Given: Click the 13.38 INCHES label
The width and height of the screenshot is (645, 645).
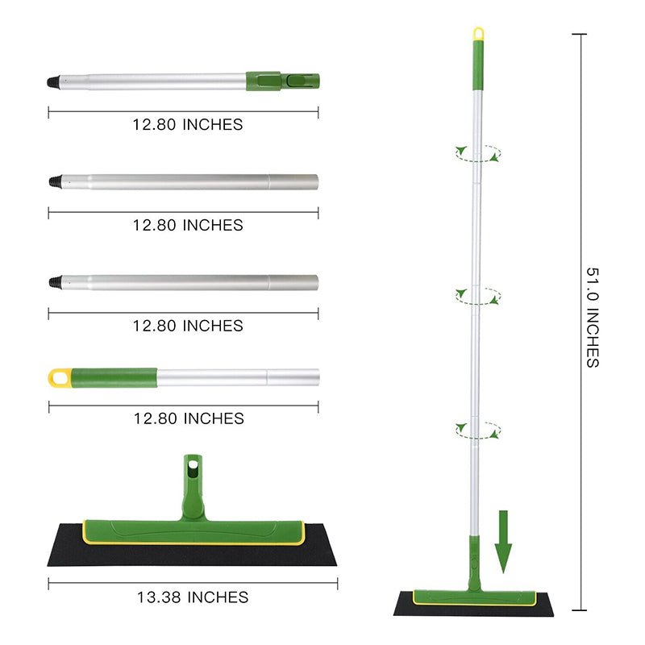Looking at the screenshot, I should pos(193,597).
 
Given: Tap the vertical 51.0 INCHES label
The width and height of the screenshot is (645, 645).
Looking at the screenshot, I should pos(593,318).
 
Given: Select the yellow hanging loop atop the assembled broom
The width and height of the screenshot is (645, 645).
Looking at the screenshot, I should pos(478,34).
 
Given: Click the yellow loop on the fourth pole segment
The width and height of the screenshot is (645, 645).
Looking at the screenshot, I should pos(59,377).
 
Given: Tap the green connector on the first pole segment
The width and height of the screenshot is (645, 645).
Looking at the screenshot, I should pos(282,81).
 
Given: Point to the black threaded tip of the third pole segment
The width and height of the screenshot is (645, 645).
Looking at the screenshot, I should pos(55,282).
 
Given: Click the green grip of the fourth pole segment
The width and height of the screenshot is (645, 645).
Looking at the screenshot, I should pos(113,377).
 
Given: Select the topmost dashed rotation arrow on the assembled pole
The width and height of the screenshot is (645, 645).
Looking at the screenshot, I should pos(477,153).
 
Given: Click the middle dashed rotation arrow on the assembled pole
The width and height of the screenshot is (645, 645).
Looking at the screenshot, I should pos(477,295).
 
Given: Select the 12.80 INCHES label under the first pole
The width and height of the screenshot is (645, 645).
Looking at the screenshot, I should pos(188,125).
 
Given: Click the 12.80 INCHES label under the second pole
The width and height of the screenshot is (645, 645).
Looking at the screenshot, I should pos(188,226).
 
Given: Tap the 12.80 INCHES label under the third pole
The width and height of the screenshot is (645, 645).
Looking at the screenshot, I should pos(188,326).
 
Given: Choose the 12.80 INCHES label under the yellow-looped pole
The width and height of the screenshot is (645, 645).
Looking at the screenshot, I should pos(188,418).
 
